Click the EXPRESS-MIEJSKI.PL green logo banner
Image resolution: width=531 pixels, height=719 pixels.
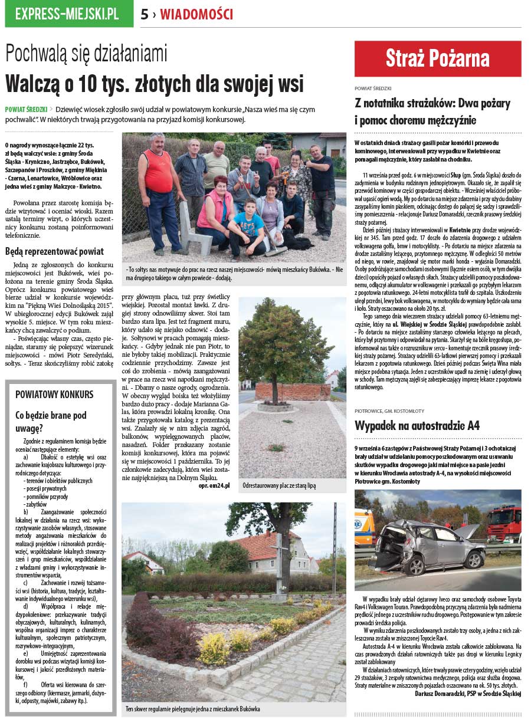[x=69, y=14]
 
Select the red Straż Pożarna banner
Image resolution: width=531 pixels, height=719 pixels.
[x=437, y=58]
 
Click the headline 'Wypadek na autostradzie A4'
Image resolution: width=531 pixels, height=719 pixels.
[x=417, y=425]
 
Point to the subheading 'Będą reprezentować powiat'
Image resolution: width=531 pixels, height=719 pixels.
[x=54, y=251]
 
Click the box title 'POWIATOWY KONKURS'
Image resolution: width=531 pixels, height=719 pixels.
[x=54, y=394]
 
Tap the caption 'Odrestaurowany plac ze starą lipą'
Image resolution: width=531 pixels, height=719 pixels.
[x=279, y=486]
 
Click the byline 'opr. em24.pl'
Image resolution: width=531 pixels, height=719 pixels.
[x=214, y=485]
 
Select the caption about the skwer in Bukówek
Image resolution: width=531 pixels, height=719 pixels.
[x=192, y=709]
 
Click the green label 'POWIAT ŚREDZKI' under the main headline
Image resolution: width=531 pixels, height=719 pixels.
[x=26, y=109]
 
